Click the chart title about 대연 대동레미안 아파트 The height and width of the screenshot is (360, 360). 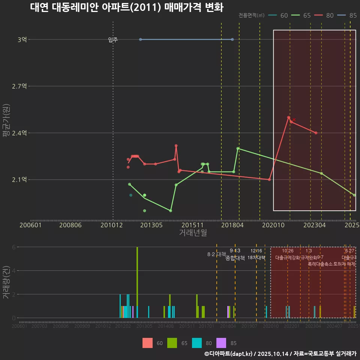click(127, 7)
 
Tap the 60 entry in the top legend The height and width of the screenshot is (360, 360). click(280, 15)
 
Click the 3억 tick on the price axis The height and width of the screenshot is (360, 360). click(22, 39)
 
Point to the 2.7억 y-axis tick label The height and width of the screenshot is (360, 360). click(19, 86)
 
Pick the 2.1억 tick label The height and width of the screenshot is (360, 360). click(19, 180)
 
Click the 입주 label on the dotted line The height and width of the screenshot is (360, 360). click(113, 40)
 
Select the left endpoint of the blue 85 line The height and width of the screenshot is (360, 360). click(140, 39)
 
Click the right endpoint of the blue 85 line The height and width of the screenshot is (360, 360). click(232, 39)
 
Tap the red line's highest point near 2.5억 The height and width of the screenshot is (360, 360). click(289, 118)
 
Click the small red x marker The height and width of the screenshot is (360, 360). click(294, 120)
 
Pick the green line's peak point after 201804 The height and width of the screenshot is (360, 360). click(238, 148)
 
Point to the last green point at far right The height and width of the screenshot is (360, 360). click(354, 195)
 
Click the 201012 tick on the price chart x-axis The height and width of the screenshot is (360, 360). click(113, 225)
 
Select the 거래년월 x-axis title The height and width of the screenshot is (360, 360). click(193, 232)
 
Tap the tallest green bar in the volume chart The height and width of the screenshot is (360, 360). click(137, 282)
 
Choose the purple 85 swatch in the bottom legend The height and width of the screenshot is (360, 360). click(222, 343)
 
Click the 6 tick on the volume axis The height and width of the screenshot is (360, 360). click(14, 247)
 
